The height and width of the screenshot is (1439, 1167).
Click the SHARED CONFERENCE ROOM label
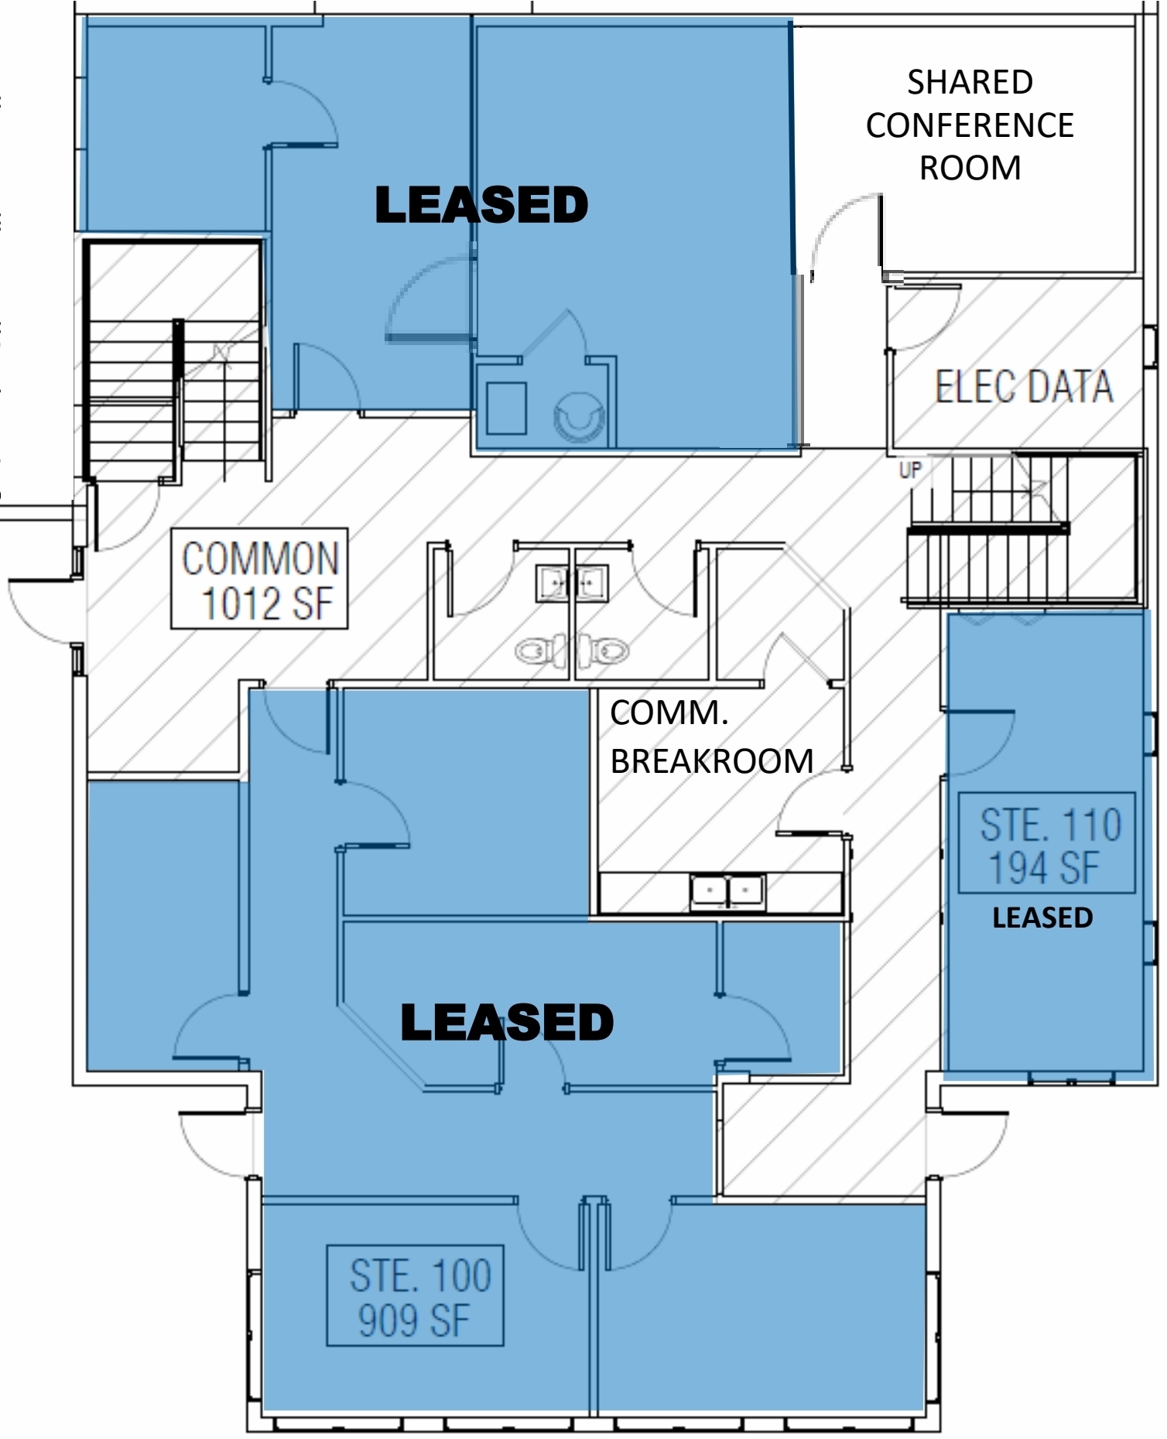click(970, 125)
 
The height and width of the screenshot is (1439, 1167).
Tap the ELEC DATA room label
click(1023, 387)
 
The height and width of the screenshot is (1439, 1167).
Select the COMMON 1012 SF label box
click(259, 579)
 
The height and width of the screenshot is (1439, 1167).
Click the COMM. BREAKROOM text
click(710, 737)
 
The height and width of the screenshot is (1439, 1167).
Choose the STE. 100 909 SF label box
click(416, 1296)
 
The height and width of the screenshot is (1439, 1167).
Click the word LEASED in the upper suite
click(481, 206)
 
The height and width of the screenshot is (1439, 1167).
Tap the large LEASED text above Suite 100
click(507, 1022)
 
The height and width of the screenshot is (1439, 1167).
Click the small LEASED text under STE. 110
click(1042, 918)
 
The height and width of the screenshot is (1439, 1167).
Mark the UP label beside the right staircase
click(910, 470)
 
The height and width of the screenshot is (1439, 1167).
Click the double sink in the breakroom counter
click(727, 891)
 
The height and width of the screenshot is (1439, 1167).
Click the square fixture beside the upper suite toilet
click(507, 408)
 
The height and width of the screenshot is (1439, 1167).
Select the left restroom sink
click(553, 583)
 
